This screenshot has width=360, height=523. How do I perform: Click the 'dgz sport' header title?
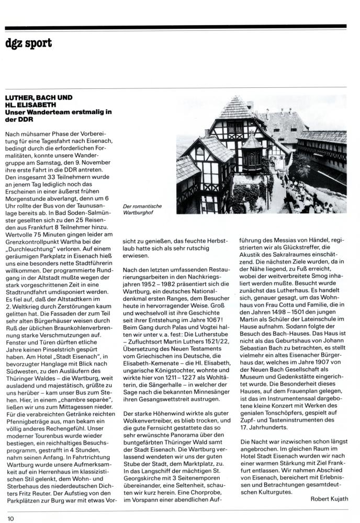tap(29, 43)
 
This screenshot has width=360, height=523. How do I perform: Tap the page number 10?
tap(10, 518)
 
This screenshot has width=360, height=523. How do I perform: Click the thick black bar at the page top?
tap(179, 26)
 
